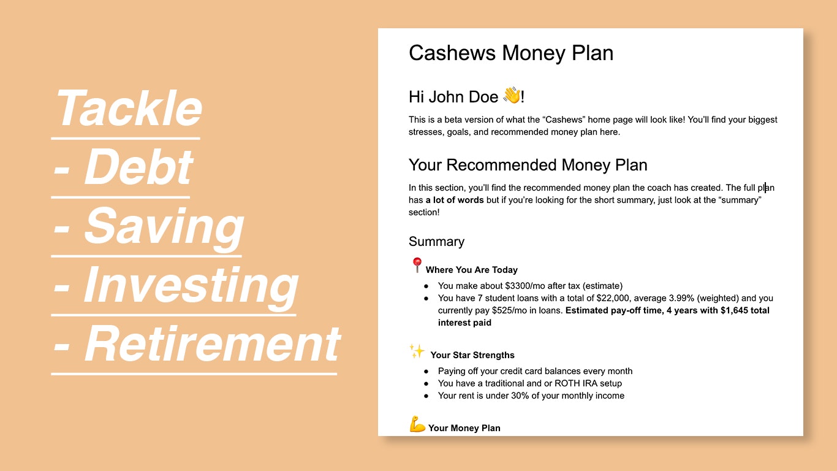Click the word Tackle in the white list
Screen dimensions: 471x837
click(129, 109)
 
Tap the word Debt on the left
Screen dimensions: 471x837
click(138, 167)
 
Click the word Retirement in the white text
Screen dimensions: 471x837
click(211, 344)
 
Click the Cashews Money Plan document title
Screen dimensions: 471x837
click(510, 53)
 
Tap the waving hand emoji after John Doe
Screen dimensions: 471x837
click(511, 96)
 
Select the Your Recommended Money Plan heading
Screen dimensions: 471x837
click(528, 165)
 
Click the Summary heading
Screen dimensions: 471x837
click(436, 242)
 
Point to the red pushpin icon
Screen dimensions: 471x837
click(417, 266)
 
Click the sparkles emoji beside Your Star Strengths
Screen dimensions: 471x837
click(417, 351)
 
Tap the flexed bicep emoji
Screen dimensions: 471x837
click(417, 424)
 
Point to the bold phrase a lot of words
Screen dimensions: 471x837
click(454, 200)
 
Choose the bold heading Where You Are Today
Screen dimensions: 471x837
click(471, 270)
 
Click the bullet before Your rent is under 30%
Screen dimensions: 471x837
click(426, 396)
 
